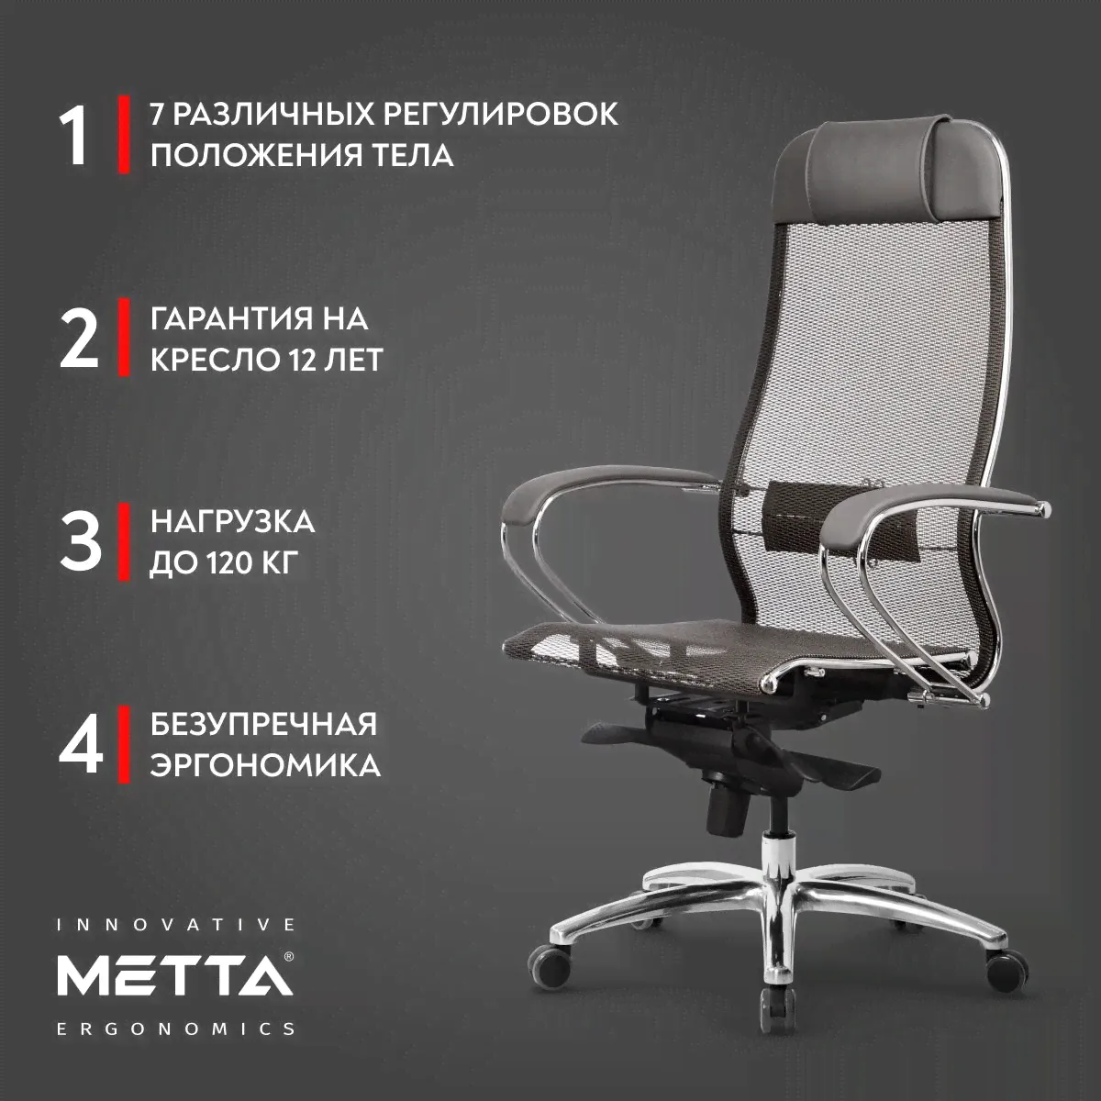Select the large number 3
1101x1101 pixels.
(80, 542)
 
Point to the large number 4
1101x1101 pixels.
(81, 745)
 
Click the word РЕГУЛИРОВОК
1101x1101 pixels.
(501, 114)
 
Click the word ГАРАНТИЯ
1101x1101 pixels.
(231, 318)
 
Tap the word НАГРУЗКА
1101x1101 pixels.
(232, 522)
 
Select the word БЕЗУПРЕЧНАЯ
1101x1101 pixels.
(264, 725)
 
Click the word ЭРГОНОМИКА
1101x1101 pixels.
(265, 765)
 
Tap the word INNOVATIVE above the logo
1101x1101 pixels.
(176, 926)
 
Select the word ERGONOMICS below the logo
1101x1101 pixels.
(176, 1029)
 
